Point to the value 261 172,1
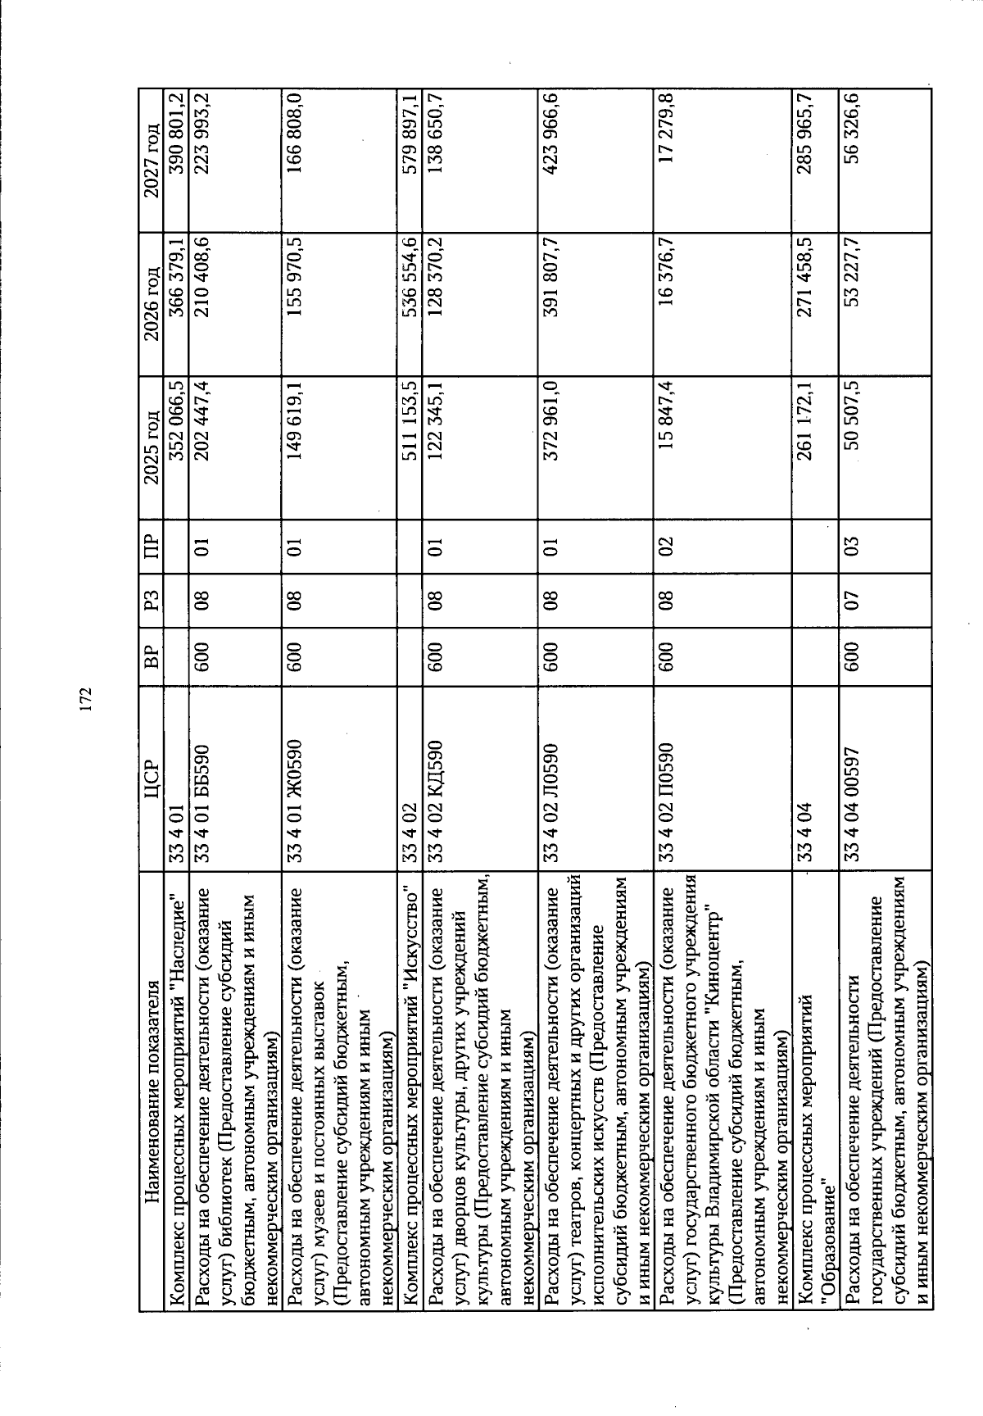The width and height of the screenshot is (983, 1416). (800, 420)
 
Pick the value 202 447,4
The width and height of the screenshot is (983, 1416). (202, 420)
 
